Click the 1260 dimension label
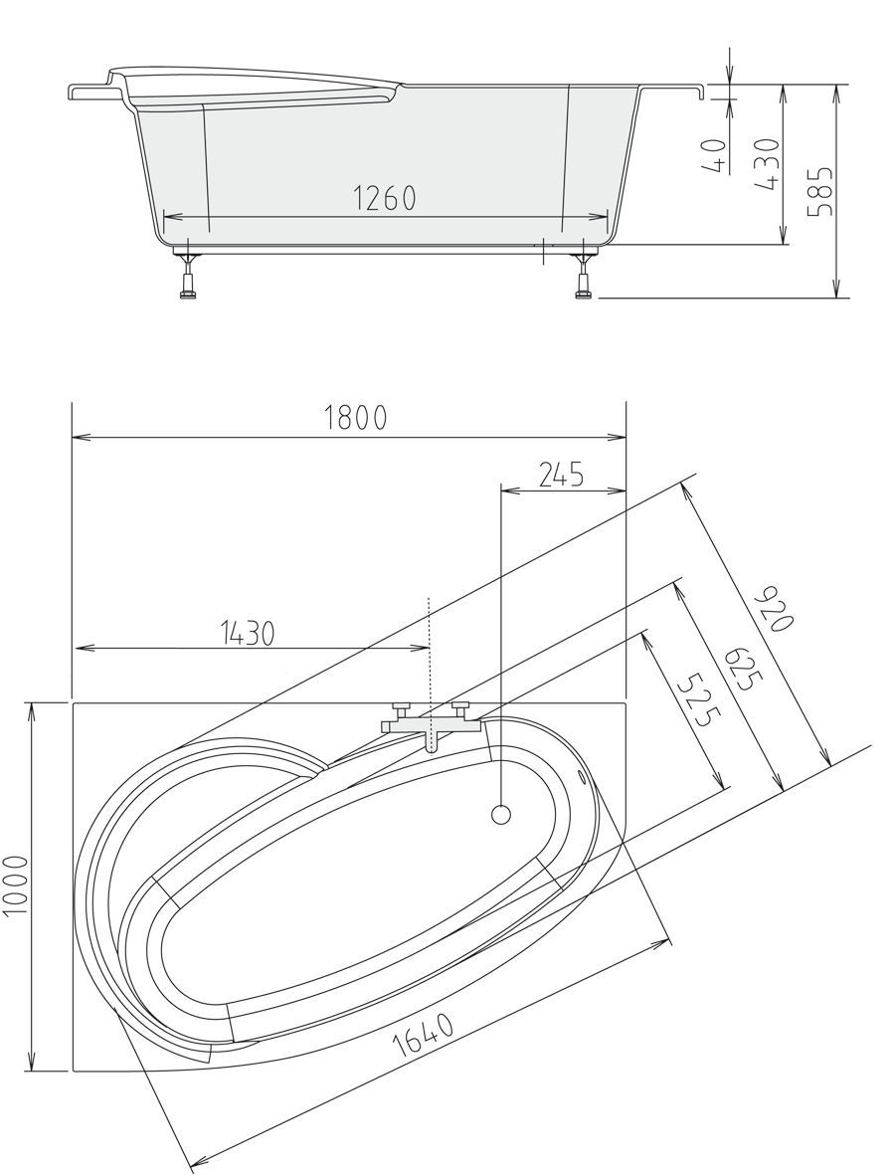[x=385, y=199]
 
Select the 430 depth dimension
[x=768, y=164]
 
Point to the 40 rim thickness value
[x=713, y=157]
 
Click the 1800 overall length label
[x=355, y=419]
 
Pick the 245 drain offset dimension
[x=561, y=475]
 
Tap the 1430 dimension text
[x=245, y=633]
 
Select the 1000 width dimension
[x=16, y=886]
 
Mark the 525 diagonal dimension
[x=693, y=700]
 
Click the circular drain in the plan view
[x=501, y=816]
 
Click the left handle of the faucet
[x=401, y=708]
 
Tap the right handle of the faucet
[x=459, y=707]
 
